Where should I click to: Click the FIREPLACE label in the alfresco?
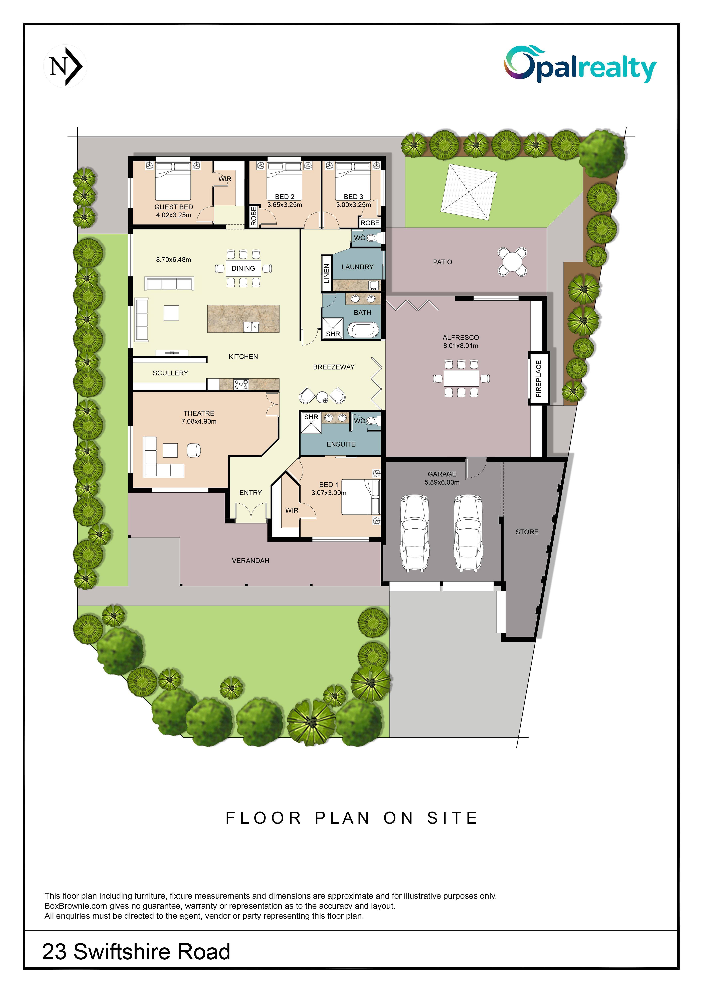coord(539,379)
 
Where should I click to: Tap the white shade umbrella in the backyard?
coord(469,192)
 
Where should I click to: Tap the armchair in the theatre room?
coord(194,451)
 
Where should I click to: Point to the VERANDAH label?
coord(251,561)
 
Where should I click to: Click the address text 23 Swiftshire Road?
coord(136,951)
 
